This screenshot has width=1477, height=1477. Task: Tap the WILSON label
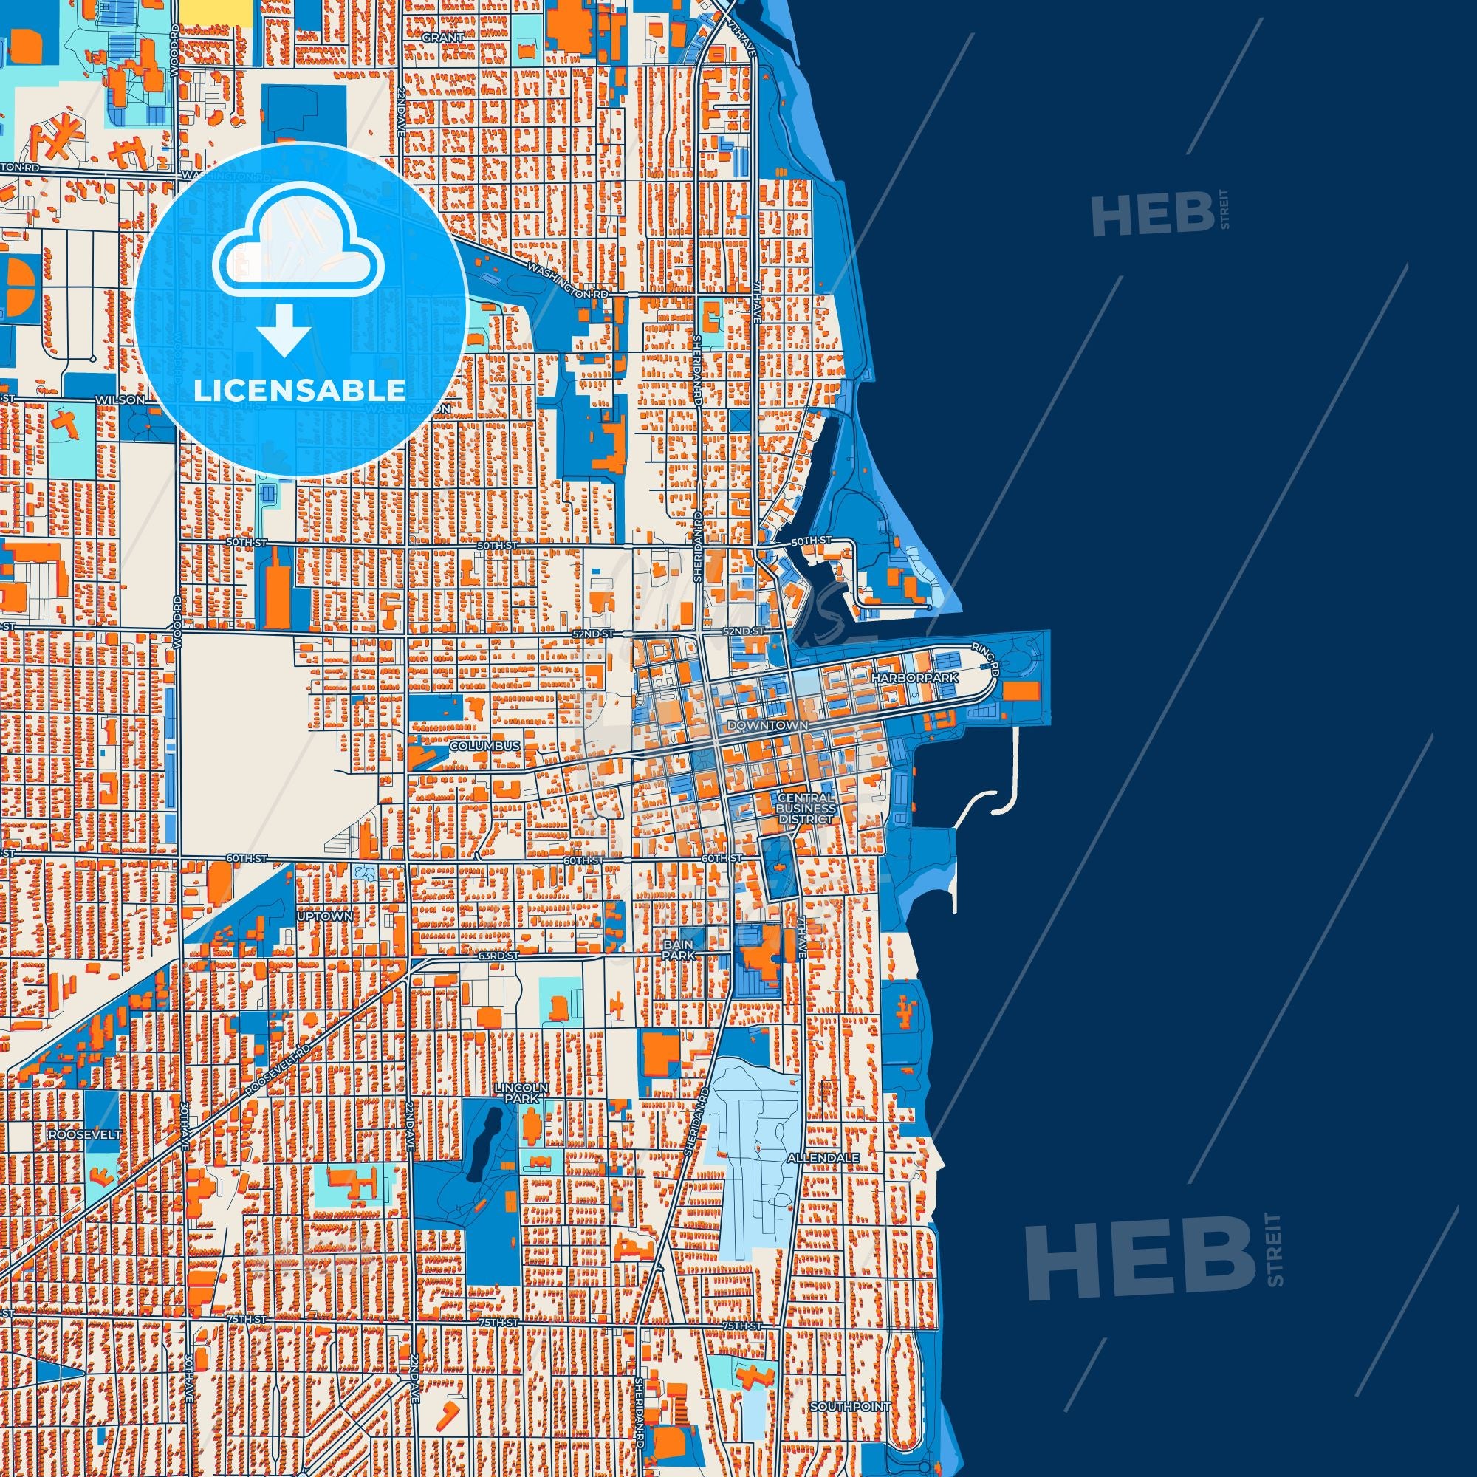point(118,400)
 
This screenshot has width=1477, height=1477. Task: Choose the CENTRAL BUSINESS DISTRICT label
point(805,808)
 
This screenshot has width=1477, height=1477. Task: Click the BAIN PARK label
point(678,950)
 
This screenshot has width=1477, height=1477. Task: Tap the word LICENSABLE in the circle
point(300,390)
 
